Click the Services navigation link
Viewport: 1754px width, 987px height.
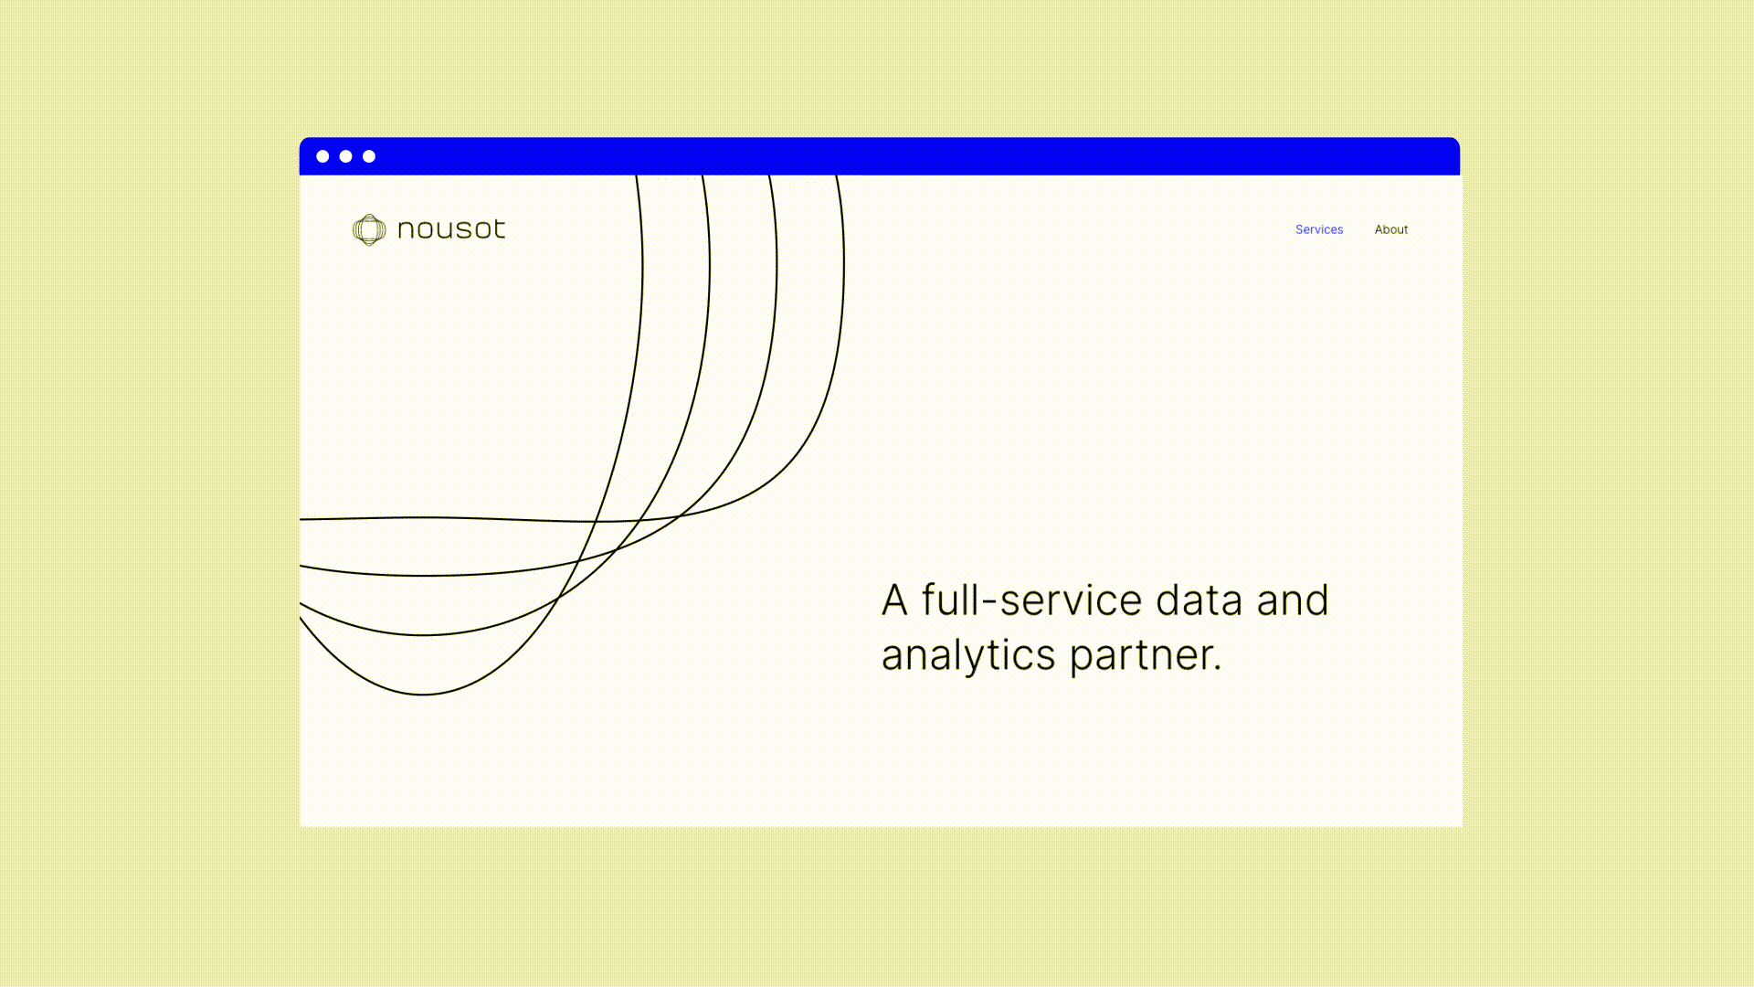pos(1319,229)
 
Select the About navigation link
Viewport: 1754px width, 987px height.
pos(1391,229)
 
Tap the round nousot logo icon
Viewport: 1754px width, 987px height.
pos(369,229)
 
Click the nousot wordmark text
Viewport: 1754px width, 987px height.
pos(451,228)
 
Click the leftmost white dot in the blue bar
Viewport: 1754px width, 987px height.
pos(322,156)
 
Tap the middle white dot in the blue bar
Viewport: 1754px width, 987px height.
pos(346,156)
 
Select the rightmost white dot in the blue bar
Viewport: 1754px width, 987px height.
pos(369,156)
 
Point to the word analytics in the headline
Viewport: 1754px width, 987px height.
pos(968,656)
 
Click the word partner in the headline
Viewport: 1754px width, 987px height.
pos(1142,656)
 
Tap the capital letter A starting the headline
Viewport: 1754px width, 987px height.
pos(894,600)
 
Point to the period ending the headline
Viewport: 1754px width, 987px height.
pos(1218,669)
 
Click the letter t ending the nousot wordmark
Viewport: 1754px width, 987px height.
pos(497,228)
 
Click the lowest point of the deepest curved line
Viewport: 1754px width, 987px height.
pos(422,695)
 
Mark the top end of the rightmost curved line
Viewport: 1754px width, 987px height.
pos(837,176)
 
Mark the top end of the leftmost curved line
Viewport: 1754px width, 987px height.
pos(637,176)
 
